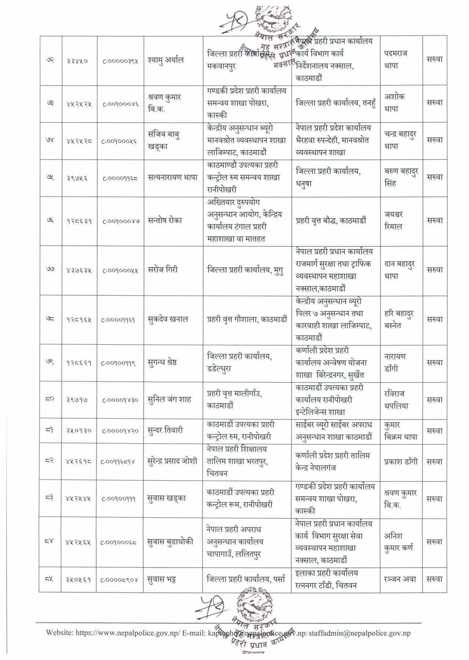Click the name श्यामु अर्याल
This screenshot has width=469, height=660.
[x=166, y=60]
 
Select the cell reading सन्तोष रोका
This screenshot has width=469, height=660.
[x=165, y=220]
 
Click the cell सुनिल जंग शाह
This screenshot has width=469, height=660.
[x=169, y=399]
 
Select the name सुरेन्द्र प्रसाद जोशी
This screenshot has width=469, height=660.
[x=172, y=461]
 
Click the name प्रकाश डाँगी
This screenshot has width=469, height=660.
[x=401, y=461]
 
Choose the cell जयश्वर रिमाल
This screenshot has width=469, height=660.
[x=394, y=220]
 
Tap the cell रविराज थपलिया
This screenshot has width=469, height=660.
[x=396, y=400]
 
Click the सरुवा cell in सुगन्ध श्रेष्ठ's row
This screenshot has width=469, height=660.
[x=435, y=362]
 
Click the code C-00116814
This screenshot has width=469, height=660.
[x=118, y=462]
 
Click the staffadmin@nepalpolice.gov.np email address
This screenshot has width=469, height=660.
[x=361, y=632]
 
